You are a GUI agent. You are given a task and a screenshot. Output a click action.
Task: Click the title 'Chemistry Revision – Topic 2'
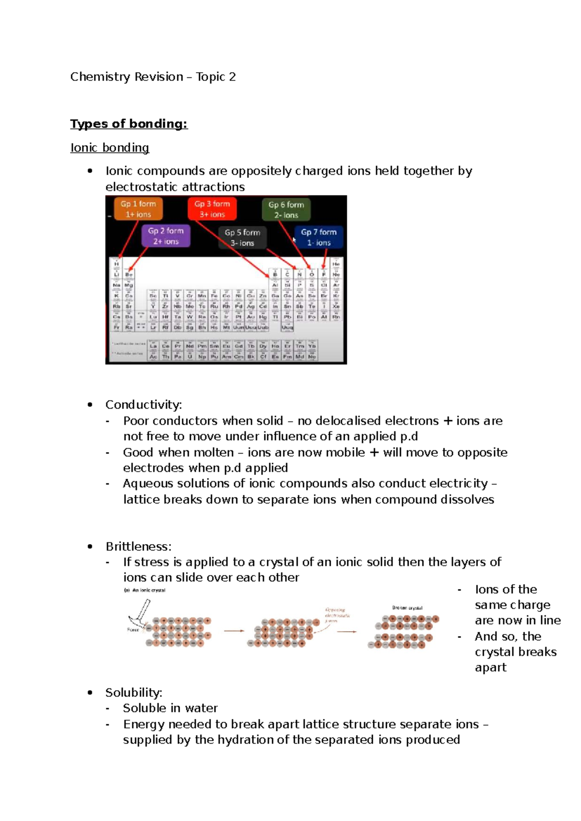pos(153,77)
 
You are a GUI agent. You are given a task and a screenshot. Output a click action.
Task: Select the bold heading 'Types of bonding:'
pos(129,124)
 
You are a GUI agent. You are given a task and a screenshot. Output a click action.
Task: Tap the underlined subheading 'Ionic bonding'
pos(110,148)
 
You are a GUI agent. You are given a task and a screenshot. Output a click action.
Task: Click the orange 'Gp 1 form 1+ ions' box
pos(138,209)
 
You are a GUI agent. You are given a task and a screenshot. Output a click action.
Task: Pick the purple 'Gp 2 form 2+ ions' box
pos(166,236)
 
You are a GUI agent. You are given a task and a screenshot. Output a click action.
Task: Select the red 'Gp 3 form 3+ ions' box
pos(212,209)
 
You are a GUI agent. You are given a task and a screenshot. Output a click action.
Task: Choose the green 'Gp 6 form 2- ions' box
pos(286,210)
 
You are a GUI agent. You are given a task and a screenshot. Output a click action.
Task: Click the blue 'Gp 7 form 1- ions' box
pos(319,237)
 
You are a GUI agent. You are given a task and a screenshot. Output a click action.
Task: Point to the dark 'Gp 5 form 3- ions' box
pos(242,238)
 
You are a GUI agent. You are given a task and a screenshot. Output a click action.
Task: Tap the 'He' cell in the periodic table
pos(336,264)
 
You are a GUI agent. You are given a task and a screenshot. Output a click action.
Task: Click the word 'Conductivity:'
pos(144,405)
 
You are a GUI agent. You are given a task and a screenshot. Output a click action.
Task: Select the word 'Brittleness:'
pos(138,547)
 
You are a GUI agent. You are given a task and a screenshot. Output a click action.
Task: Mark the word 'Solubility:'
pos(134,692)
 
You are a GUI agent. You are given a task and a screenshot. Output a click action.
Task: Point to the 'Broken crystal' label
pos(407,608)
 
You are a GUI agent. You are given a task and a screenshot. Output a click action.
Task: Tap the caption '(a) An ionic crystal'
pos(145,590)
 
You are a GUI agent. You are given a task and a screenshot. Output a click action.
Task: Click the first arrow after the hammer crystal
pos(234,631)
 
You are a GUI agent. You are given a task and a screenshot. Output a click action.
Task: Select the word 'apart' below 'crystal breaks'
pos(490,668)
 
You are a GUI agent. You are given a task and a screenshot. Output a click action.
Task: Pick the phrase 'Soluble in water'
pos(170,708)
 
